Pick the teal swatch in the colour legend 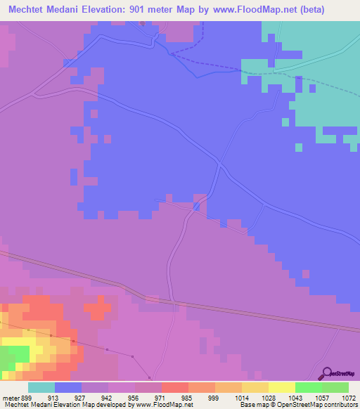point(41,387)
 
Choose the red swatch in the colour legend point(175,387)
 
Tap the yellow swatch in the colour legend point(282,387)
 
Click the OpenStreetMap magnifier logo point(326,373)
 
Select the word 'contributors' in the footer point(340,405)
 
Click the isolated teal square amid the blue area point(299,147)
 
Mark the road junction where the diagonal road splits point(220,166)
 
